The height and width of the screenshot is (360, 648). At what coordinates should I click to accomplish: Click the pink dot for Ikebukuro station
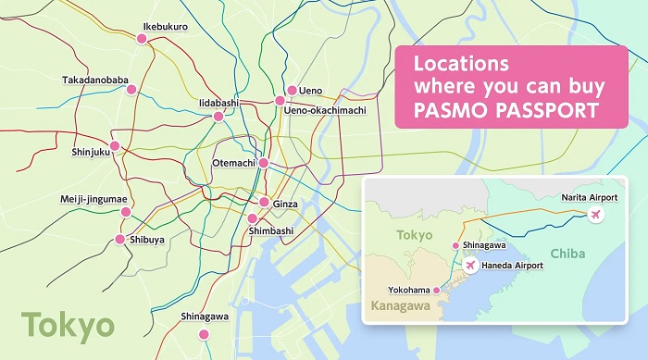[x=142, y=39]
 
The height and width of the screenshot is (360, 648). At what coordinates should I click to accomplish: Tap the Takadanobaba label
[x=96, y=81]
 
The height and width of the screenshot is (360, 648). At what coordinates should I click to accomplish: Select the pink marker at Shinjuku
[x=115, y=146]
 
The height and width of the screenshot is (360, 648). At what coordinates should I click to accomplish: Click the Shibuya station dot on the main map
[x=119, y=240]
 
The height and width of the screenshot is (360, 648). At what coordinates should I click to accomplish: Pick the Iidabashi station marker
[x=218, y=117]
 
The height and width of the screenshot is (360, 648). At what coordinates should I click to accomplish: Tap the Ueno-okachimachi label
[x=325, y=110]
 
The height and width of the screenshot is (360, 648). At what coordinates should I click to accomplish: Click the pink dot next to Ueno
[x=292, y=91]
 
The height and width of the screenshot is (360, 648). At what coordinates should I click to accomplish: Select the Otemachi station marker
[x=264, y=163]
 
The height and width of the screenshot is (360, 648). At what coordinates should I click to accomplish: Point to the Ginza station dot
[x=264, y=203]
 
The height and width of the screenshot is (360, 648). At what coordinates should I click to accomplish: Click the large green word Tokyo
[x=69, y=326]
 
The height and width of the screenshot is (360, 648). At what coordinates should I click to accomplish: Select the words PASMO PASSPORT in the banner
[x=505, y=111]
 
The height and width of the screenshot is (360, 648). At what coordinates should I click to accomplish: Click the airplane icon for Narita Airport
[x=595, y=216]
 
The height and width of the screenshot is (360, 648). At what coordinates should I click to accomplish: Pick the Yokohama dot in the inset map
[x=437, y=290]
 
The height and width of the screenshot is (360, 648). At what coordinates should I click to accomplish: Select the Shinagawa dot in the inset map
[x=455, y=245]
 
